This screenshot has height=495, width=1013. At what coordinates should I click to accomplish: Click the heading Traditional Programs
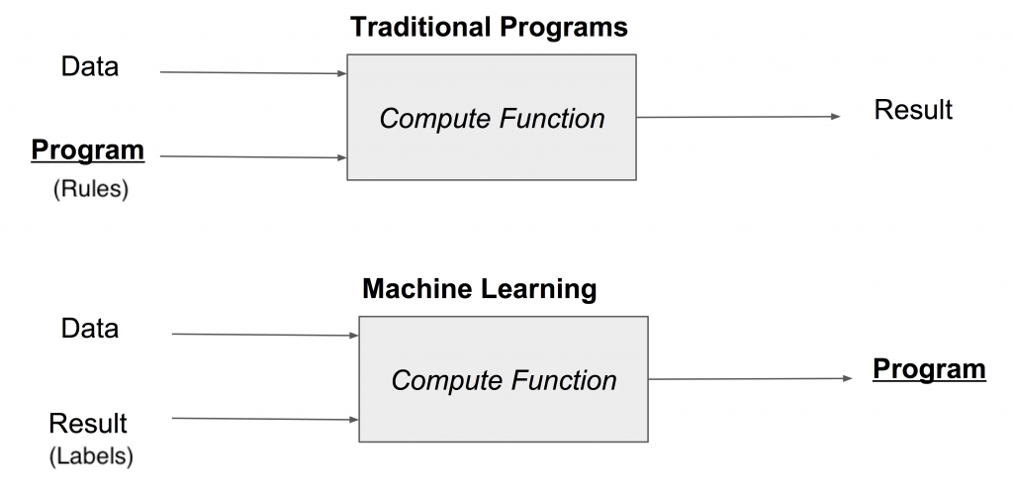pos(489,27)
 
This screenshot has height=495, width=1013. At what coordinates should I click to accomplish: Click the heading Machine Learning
pos(480,289)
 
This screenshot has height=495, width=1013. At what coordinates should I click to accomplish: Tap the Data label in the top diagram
pos(89,66)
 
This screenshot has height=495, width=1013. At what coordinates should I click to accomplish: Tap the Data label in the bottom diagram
pos(89,328)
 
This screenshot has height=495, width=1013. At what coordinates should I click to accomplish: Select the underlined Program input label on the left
pos(88,150)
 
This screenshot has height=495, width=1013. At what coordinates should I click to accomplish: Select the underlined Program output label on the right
pos(928,369)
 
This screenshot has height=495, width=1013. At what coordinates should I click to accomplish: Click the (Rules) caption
pos(90,189)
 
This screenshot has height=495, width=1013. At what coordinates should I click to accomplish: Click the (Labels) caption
pos(90,456)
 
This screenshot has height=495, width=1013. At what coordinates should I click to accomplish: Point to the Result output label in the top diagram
pos(912,109)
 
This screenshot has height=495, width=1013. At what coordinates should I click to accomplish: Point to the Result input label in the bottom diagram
pos(88,424)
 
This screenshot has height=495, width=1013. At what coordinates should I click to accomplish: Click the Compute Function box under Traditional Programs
pos(492,118)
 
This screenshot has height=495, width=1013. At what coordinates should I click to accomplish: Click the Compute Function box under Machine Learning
pos(504,379)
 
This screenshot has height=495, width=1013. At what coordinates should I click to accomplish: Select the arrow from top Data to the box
pos(252,72)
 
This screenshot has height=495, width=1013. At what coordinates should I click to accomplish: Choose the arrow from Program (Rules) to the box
pos(252,156)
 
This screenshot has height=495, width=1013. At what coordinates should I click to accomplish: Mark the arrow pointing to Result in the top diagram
pos(738,117)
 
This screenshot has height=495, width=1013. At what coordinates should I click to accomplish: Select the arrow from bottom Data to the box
pos(264,335)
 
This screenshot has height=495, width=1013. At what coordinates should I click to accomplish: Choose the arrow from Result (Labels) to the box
pos(264,419)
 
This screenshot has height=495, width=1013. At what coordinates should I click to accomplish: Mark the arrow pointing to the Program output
pos(750,378)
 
